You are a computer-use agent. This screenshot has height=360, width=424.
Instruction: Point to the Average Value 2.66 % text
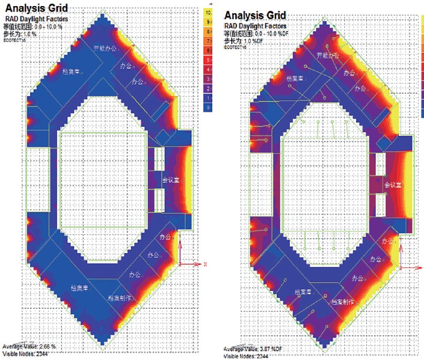click(30, 347)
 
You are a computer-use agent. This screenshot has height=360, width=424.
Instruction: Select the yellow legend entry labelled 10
click(207, 11)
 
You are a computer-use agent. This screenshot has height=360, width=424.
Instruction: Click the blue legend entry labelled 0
click(207, 107)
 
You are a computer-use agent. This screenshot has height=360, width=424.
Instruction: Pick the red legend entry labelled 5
click(207, 59)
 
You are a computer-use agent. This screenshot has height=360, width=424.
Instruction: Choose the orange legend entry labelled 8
click(207, 31)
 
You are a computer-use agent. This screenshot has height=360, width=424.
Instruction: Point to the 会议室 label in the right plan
click(393, 184)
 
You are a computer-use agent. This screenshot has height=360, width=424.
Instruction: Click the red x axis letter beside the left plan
click(205, 264)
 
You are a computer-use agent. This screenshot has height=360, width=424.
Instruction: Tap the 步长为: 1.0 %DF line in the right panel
click(245, 40)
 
